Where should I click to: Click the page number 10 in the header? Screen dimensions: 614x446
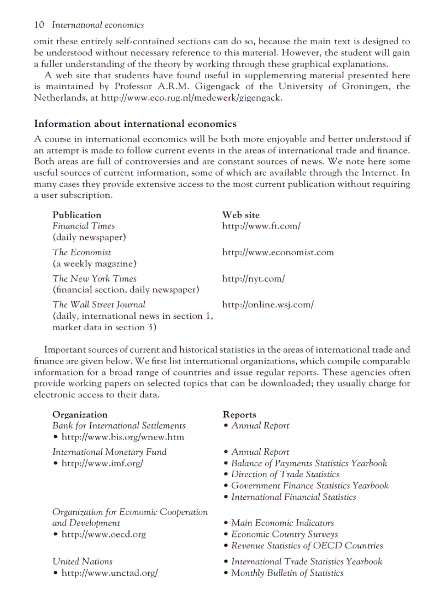(x=39, y=25)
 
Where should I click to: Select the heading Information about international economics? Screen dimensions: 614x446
(x=135, y=124)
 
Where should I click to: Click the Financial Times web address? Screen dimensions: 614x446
(x=261, y=226)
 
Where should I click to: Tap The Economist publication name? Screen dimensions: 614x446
(x=81, y=252)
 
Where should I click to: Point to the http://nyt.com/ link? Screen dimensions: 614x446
(x=254, y=278)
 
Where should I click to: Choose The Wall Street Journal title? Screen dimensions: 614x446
(x=99, y=305)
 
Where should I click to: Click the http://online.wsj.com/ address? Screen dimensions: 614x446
(x=268, y=305)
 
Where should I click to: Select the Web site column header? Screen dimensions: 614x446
(x=240, y=215)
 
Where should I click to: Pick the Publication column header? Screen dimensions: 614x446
(x=77, y=215)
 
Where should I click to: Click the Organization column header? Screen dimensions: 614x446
(x=80, y=414)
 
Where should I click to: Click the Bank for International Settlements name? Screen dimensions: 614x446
(x=119, y=425)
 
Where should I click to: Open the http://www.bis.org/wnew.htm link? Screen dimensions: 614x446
(x=122, y=437)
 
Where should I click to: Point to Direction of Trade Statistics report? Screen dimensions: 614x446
(x=285, y=475)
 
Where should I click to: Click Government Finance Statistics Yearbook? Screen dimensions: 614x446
(x=310, y=486)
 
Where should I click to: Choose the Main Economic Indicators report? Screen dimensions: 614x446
(x=283, y=523)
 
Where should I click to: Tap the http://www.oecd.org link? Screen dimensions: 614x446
(x=103, y=534)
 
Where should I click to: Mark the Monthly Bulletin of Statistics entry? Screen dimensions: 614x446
(x=287, y=573)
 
